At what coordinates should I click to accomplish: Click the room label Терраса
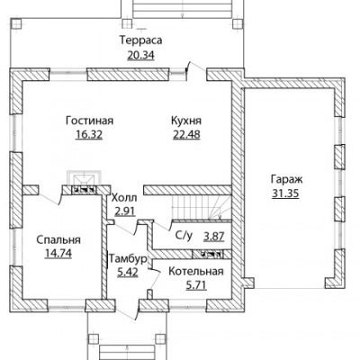[x=141, y=40]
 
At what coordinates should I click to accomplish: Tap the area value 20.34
[x=140, y=55]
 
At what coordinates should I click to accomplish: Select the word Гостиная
[x=90, y=121]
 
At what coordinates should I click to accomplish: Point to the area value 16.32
[x=89, y=135]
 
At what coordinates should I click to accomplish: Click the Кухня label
[x=186, y=121]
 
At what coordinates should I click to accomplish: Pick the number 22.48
[x=186, y=135]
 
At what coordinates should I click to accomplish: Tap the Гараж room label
[x=286, y=179]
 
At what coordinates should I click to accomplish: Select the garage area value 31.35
[x=285, y=193]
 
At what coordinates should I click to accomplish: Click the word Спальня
[x=58, y=239]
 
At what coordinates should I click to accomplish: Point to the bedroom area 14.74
[x=58, y=254]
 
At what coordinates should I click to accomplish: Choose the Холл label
[x=124, y=198]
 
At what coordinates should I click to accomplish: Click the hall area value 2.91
[x=125, y=211]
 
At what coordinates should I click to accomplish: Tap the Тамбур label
[x=128, y=259]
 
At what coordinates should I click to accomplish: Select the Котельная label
[x=196, y=271]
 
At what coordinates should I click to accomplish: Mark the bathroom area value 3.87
[x=214, y=237]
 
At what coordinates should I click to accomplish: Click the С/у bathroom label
[x=184, y=236]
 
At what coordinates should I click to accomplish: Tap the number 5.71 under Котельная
[x=196, y=285]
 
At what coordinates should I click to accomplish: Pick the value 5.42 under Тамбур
[x=128, y=273]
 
